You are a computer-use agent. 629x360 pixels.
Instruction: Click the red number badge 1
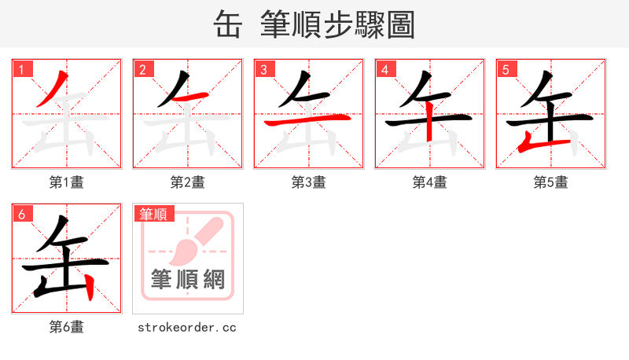[21, 69]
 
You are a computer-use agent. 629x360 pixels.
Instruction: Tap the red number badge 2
[142, 69]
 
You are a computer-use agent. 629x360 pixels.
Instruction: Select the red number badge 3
[263, 69]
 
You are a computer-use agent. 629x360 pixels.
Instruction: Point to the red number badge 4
[384, 69]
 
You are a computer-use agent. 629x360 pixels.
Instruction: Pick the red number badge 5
[506, 69]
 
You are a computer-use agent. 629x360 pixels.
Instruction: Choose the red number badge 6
[21, 213]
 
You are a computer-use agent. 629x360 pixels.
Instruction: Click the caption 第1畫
[67, 182]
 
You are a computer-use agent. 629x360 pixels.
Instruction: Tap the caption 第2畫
[188, 182]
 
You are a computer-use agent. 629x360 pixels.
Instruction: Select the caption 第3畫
[309, 182]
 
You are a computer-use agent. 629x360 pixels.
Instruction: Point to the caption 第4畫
[430, 182]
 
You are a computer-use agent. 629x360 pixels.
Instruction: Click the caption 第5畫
[551, 182]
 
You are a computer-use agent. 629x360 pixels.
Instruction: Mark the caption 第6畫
[67, 326]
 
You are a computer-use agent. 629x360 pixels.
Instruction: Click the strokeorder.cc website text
[187, 327]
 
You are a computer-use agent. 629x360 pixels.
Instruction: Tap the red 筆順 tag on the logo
[154, 213]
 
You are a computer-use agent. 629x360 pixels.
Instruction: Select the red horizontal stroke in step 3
[307, 121]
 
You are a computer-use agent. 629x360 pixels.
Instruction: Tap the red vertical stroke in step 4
[430, 127]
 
